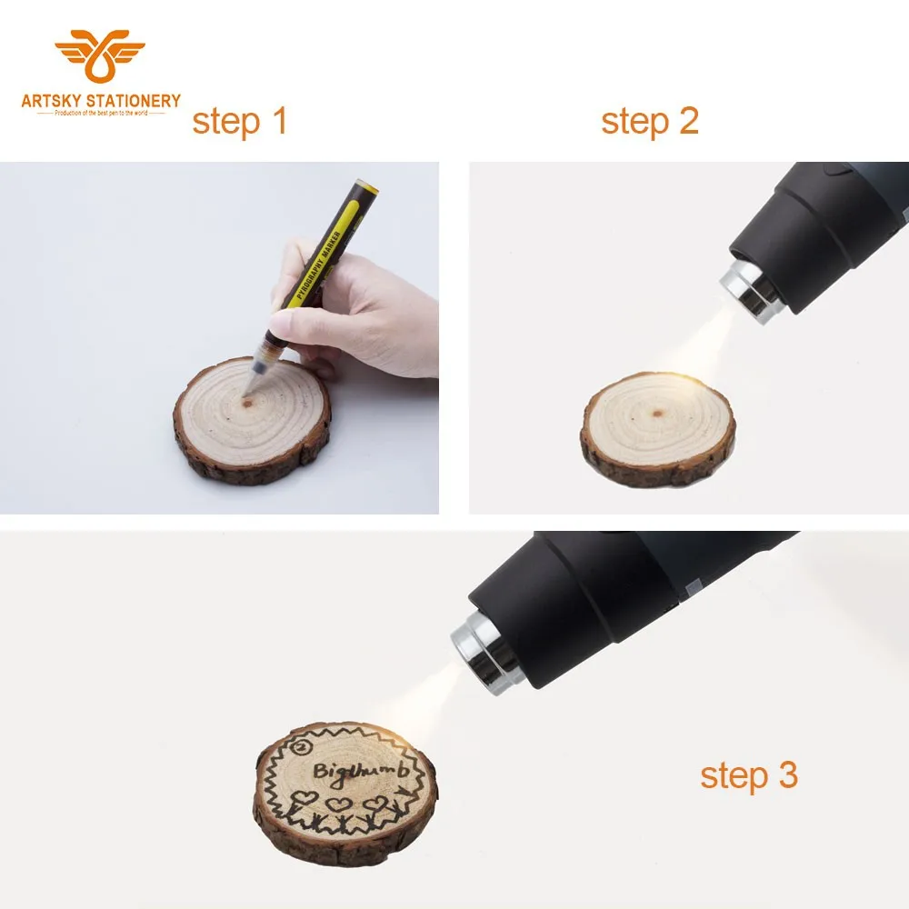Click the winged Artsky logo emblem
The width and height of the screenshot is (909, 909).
(x=100, y=57)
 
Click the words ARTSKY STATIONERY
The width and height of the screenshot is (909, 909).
(x=100, y=100)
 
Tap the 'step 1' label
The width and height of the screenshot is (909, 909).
(x=239, y=121)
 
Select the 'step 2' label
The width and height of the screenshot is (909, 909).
(x=649, y=121)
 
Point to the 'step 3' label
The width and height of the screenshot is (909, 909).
(x=748, y=775)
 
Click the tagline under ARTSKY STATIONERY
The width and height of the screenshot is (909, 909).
(x=100, y=112)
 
